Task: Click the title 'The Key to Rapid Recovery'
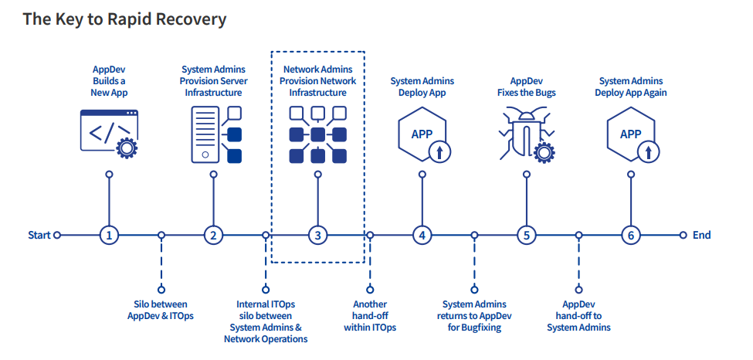(x=124, y=19)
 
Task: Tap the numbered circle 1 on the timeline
(x=109, y=235)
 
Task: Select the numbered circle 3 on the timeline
(x=317, y=235)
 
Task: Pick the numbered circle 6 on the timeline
(x=630, y=235)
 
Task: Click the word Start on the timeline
(x=39, y=235)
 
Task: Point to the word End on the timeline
(x=701, y=235)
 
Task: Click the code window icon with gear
(x=109, y=133)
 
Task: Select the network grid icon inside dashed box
(x=317, y=134)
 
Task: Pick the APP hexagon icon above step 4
(x=422, y=134)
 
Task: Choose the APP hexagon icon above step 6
(x=631, y=134)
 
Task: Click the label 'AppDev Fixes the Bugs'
(x=526, y=87)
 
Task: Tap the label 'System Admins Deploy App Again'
(x=631, y=87)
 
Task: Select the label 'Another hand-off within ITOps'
(x=370, y=316)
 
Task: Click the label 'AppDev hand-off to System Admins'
(x=578, y=316)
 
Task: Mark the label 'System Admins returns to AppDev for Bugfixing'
(x=474, y=316)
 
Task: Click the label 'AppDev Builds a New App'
(x=109, y=81)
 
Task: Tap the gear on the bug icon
(x=545, y=152)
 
